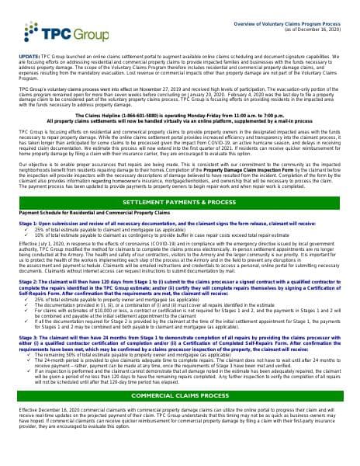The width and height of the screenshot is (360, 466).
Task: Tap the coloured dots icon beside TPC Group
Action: click(x=32, y=34)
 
